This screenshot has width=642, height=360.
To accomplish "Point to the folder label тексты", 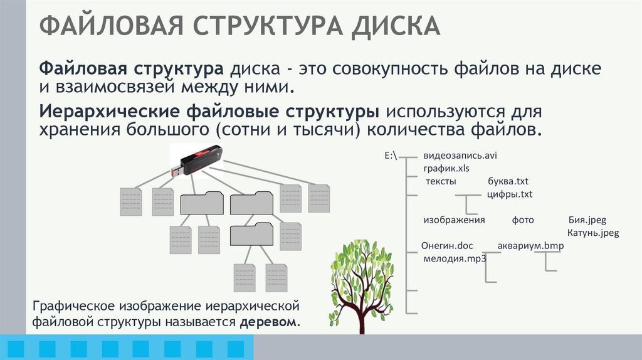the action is click(x=441, y=182).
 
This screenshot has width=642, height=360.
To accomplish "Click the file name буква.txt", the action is click(x=508, y=182).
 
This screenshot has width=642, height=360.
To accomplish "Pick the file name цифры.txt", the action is click(x=510, y=194).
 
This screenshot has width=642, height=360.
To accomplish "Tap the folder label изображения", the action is click(x=455, y=221).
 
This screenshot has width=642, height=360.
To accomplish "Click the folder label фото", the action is click(x=522, y=221).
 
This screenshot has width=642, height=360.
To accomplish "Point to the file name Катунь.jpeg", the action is click(x=593, y=233).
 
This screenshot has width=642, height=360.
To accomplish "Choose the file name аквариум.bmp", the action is click(x=530, y=246).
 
